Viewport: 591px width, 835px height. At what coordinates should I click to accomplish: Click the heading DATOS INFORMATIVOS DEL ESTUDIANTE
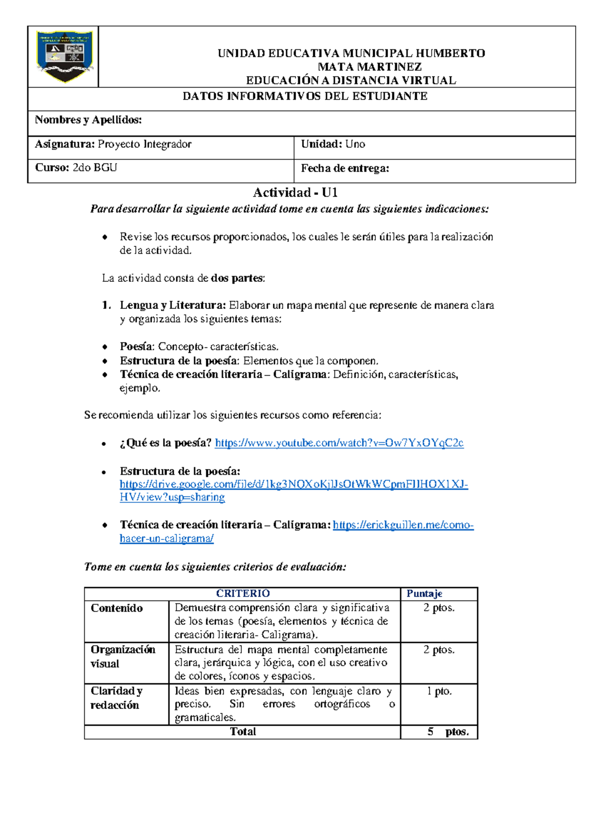point(305,96)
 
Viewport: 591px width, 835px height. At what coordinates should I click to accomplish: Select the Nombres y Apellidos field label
point(88,120)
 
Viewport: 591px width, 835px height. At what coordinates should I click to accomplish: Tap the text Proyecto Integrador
point(144,144)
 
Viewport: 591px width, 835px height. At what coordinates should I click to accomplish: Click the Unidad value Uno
point(355,144)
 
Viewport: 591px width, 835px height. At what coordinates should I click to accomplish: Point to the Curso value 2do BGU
point(95,167)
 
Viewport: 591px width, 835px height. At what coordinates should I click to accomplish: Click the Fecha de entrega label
point(345,168)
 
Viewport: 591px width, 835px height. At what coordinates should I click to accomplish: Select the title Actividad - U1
point(295,192)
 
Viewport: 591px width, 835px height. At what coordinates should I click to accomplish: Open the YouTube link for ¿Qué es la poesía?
point(339,443)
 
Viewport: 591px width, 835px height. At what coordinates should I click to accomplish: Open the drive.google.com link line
point(294,484)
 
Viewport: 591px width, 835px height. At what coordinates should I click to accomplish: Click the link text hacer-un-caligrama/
point(166,538)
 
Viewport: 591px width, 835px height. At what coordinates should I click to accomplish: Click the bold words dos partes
point(237,278)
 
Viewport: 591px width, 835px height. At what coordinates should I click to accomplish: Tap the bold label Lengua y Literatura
point(172,305)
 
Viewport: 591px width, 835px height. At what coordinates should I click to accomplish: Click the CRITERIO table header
point(243,594)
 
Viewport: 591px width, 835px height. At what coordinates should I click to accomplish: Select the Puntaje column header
point(424,594)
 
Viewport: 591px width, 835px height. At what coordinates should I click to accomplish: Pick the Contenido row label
point(117,608)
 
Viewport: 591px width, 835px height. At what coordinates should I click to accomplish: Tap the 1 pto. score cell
point(439,691)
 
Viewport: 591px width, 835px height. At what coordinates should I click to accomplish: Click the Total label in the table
point(243,732)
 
